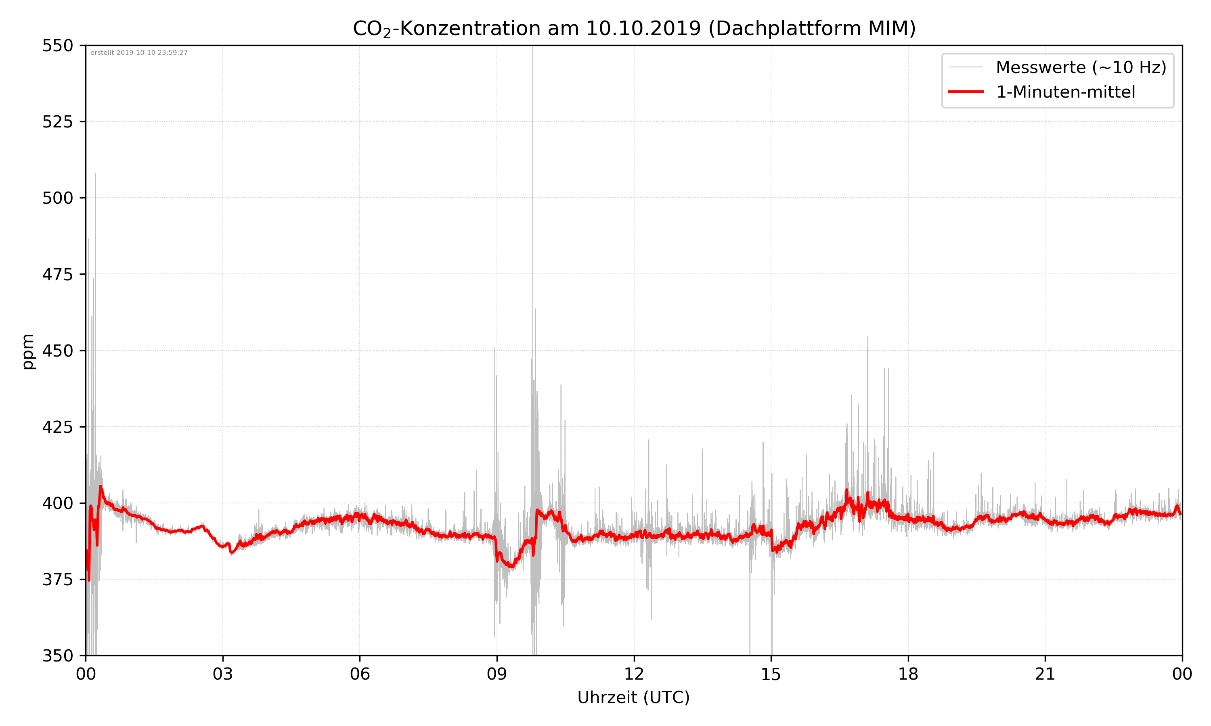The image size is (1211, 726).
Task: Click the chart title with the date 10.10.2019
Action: coord(634,28)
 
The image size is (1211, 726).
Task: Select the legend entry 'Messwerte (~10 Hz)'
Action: coord(1081,67)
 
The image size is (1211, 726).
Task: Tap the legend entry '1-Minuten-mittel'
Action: coord(1065,92)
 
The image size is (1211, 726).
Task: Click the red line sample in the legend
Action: coord(965,92)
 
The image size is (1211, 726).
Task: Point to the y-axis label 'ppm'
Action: coord(28,351)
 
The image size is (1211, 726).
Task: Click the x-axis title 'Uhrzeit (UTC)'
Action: coord(633,697)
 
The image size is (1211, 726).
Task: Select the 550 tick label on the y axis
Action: coord(57,46)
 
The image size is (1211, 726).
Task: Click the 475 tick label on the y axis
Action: coord(57,274)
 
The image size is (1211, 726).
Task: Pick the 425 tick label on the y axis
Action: coord(57,427)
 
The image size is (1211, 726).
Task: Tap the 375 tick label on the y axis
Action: coord(57,580)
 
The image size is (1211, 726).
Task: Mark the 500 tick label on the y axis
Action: coord(57,198)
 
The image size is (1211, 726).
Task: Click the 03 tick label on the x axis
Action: coord(223,674)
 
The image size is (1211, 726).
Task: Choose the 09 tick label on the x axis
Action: coord(497,674)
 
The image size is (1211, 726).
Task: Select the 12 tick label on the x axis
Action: coord(634,674)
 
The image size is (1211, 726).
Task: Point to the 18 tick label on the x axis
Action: coord(908,674)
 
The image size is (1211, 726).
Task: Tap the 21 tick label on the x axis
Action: coord(1045,674)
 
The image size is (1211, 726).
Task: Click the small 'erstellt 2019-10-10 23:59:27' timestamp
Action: coord(139,53)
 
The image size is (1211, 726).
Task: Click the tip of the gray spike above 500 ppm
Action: coord(95,174)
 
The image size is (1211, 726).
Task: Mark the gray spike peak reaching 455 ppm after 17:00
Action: coord(868,337)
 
